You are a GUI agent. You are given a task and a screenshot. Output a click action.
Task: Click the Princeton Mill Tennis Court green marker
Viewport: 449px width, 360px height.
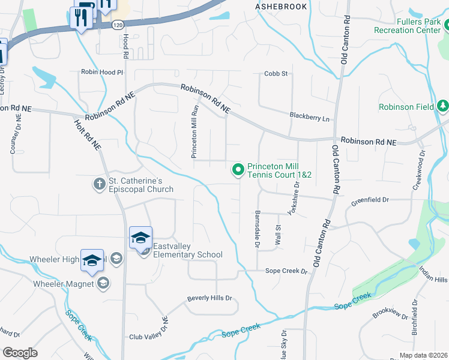tap(238, 170)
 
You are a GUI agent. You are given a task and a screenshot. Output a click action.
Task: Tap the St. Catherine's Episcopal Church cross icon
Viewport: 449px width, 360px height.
tap(100, 182)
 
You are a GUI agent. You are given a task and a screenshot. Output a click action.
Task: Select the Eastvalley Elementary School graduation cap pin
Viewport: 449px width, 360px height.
tap(140, 238)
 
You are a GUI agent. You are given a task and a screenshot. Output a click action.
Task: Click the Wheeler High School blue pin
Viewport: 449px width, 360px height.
tap(92, 260)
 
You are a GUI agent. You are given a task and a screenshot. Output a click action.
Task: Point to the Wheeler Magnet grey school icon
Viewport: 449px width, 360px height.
tap(103, 283)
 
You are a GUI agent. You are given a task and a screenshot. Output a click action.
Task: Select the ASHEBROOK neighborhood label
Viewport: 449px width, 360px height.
tap(281, 7)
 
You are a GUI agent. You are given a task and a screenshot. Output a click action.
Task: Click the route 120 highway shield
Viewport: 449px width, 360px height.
tap(118, 25)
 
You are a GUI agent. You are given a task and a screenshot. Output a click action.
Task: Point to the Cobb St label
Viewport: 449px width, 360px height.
tap(277, 74)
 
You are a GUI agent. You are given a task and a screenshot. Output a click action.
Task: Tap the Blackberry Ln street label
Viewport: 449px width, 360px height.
tap(309, 118)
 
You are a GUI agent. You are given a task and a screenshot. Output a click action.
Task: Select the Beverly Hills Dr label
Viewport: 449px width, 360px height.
tap(209, 298)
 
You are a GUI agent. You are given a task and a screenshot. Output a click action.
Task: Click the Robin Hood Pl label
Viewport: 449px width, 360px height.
tap(102, 72)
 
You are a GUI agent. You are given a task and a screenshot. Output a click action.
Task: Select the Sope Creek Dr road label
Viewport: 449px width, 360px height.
tap(286, 271)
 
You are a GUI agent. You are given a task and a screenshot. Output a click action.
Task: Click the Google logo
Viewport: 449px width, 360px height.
tap(20, 352)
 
